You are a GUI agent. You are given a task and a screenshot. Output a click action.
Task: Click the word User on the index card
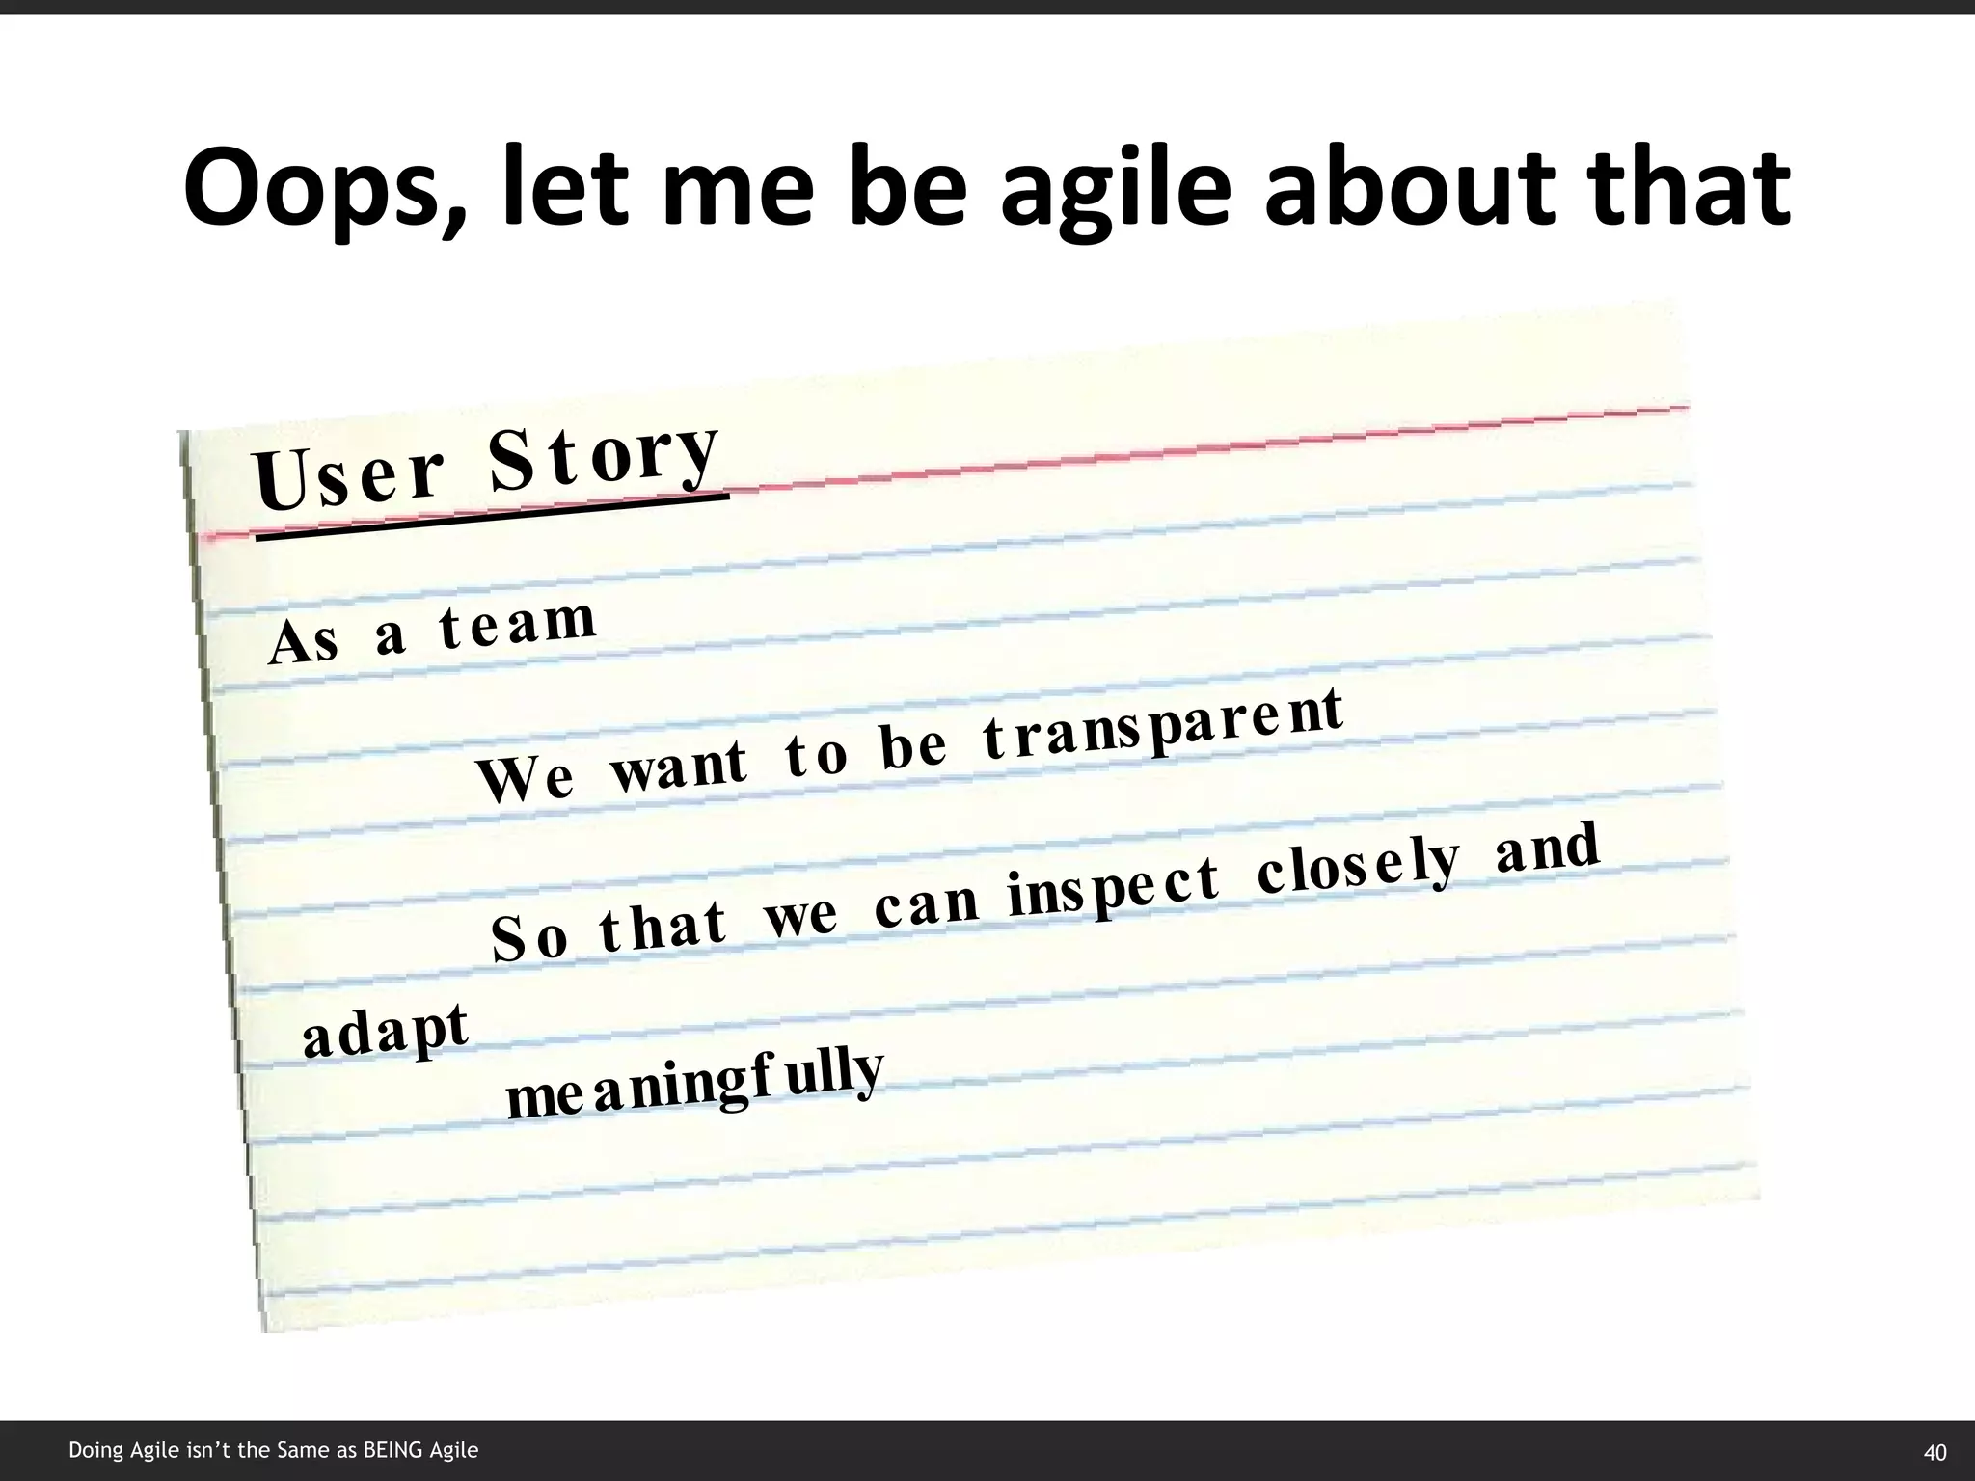tap(348, 478)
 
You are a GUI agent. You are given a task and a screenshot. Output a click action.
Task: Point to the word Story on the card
tap(604, 453)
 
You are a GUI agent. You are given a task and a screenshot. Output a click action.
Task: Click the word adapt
tap(385, 1030)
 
